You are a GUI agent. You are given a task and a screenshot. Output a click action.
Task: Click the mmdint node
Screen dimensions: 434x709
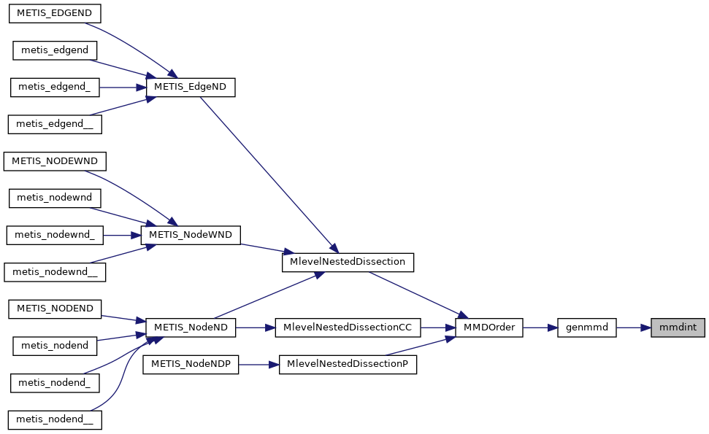[678, 328]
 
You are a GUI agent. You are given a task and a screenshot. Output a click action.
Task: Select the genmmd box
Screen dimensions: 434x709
[587, 328]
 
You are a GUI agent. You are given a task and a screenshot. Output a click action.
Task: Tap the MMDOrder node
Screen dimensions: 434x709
[489, 328]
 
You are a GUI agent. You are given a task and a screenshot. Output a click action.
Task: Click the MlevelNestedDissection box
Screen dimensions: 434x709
[348, 262]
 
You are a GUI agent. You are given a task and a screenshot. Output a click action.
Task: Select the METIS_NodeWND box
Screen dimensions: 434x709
[191, 235]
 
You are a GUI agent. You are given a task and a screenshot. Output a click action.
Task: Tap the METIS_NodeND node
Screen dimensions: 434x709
[191, 328]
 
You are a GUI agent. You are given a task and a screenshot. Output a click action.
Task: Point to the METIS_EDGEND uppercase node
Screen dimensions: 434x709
[53, 13]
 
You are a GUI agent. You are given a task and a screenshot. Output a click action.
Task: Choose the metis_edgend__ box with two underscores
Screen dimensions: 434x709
[54, 124]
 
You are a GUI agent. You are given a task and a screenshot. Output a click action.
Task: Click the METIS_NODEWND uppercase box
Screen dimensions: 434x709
[55, 160]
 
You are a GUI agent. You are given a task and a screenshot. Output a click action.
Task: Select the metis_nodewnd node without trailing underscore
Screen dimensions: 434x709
[55, 198]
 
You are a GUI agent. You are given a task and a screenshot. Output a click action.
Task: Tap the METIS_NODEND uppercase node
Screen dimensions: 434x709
[55, 309]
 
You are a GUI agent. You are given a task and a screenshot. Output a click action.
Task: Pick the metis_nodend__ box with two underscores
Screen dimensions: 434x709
[55, 419]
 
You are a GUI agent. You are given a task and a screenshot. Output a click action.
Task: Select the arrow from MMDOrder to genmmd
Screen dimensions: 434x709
[540, 328]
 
